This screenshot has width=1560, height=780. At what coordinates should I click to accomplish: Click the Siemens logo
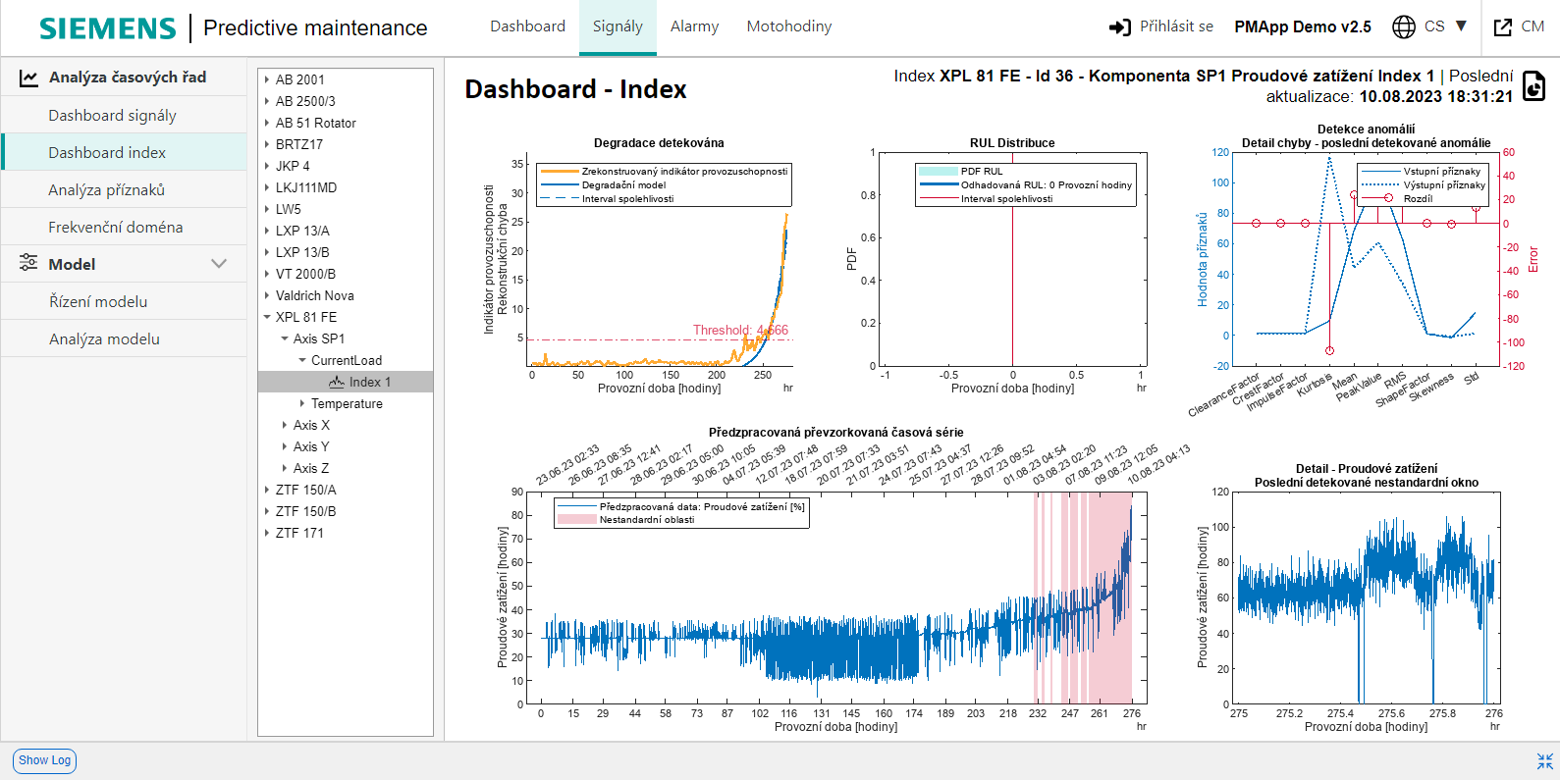click(x=107, y=27)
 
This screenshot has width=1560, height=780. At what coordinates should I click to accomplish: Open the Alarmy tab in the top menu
click(x=694, y=26)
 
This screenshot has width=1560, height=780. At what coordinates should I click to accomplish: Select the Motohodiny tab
click(x=788, y=26)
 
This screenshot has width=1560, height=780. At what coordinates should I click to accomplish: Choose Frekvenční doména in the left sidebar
click(x=115, y=227)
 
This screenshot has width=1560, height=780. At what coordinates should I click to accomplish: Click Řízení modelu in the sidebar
click(x=98, y=301)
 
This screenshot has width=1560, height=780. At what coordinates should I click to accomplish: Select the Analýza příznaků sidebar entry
click(x=106, y=189)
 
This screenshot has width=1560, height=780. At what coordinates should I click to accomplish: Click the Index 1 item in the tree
click(x=369, y=382)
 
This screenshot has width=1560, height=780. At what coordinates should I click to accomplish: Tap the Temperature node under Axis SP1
click(x=347, y=403)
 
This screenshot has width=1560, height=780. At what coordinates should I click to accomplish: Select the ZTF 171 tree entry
click(x=299, y=533)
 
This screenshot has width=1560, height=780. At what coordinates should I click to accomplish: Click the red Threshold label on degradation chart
click(x=740, y=330)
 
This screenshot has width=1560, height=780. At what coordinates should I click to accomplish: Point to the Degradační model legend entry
click(x=623, y=184)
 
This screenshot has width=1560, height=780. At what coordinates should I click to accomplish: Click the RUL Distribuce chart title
click(x=1012, y=143)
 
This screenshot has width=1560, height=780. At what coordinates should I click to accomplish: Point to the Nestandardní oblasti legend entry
click(x=646, y=520)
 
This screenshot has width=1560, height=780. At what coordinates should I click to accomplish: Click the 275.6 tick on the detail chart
click(x=1391, y=713)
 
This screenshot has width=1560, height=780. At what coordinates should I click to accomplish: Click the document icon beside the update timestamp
click(x=1533, y=86)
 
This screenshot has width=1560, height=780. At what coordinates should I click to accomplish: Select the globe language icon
click(x=1404, y=26)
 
